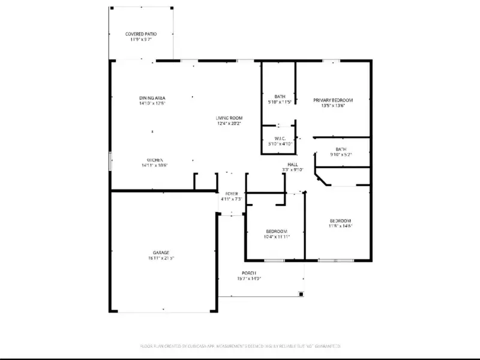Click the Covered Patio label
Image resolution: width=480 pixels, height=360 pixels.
pos(141,34)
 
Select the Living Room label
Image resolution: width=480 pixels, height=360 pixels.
pos(229,118)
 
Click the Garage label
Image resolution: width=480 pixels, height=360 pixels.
pos(160,253)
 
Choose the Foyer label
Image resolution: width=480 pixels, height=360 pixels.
pos(231,193)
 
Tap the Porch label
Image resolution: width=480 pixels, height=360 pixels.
pos(250,272)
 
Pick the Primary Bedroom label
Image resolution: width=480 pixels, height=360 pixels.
pos(333,100)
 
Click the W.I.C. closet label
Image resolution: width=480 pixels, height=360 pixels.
pos(280,138)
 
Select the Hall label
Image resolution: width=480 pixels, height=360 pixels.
pos(293,164)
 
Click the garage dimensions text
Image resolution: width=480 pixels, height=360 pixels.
pos(160,259)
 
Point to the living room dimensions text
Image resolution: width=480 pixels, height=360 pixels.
pos(229,124)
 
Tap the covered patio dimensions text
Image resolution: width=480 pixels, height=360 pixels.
pos(141,40)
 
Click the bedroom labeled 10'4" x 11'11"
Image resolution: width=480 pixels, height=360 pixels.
pos(277,232)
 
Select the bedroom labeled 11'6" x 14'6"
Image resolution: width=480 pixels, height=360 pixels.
pos(340,221)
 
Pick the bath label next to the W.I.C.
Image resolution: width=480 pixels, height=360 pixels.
pos(280,96)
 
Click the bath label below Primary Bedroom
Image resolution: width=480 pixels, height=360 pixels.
pos(341,149)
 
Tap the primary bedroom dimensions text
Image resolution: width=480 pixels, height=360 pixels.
pos(333,106)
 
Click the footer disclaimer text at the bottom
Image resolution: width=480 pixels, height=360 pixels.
pos(240,346)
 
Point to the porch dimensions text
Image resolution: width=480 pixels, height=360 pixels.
pos(250,278)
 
